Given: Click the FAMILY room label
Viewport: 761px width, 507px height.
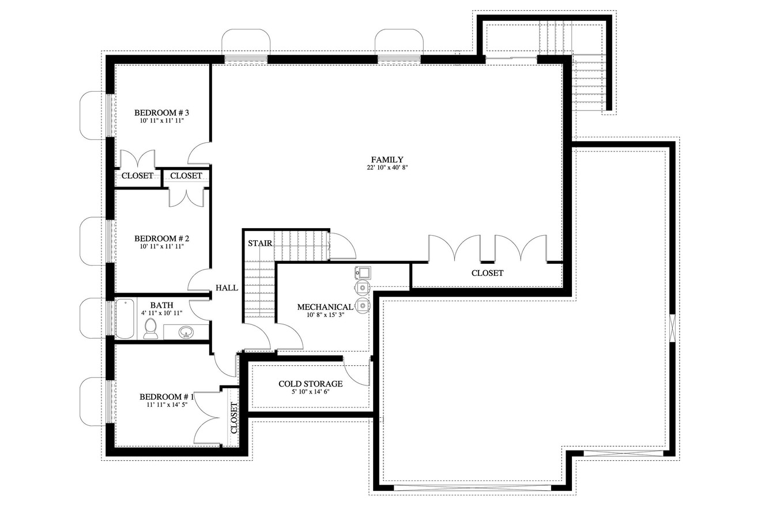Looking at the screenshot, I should (x=387, y=160).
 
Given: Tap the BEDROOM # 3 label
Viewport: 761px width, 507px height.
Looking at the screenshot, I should (x=162, y=112).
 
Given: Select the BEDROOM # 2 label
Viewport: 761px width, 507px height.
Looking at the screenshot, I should (x=162, y=238).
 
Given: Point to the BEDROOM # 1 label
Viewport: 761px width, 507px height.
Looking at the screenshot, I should (x=167, y=397).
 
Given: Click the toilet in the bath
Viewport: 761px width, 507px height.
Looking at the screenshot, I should (x=150, y=328).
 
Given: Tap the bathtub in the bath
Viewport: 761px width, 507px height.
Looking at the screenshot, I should (x=125, y=319).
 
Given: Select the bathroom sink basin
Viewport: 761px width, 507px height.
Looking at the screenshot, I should (x=186, y=332).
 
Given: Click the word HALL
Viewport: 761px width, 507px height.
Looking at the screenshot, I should (x=227, y=287).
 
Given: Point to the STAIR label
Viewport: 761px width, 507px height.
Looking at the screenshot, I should (x=260, y=243).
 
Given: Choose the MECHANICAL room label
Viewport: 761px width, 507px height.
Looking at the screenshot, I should (x=325, y=307).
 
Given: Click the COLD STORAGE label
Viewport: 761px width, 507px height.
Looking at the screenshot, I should (x=310, y=384).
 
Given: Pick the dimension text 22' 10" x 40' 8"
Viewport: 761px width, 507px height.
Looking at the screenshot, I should (x=387, y=168).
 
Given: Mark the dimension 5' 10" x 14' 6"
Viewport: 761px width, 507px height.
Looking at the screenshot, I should (x=310, y=392).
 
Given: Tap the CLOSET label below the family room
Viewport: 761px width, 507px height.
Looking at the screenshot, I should (x=487, y=273).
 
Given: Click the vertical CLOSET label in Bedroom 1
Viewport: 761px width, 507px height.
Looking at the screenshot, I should (x=234, y=418).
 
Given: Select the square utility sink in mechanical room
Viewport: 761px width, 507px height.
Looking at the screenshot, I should (x=363, y=272).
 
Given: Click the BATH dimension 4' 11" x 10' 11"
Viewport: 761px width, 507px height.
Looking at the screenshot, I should (x=162, y=313).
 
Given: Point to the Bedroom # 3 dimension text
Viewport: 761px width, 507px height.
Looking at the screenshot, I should (x=162, y=121).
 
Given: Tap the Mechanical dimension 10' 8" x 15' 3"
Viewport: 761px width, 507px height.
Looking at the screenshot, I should (x=325, y=315).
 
